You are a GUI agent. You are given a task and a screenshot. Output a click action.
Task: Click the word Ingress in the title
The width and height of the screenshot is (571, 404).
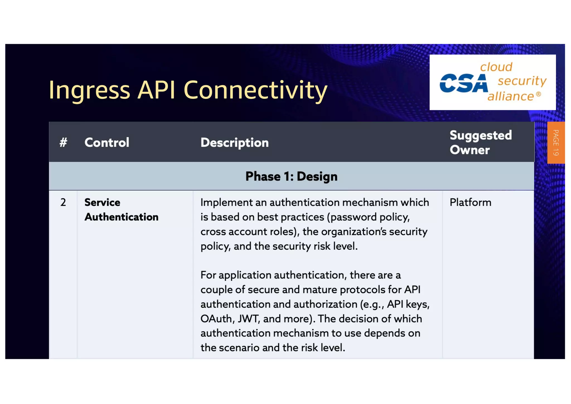click(x=89, y=90)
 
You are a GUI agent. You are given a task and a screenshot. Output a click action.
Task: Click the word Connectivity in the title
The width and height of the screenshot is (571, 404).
click(x=255, y=90)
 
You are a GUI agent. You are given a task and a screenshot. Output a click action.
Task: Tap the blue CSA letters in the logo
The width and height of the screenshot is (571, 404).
click(x=463, y=83)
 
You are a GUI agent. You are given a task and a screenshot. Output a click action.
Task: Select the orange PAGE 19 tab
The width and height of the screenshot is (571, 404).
click(x=556, y=143)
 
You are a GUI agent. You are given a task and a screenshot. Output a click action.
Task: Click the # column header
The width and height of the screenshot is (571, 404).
click(x=63, y=143)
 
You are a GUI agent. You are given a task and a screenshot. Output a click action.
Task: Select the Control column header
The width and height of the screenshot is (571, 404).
click(x=107, y=143)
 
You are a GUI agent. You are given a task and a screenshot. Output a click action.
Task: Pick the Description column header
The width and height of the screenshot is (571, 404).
click(x=234, y=143)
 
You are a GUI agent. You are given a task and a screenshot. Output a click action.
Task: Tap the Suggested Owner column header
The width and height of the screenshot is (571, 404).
click(x=480, y=143)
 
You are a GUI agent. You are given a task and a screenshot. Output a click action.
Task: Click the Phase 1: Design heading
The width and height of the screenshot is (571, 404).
click(x=291, y=176)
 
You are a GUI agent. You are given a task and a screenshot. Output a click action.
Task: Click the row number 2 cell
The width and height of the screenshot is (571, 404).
click(x=63, y=202)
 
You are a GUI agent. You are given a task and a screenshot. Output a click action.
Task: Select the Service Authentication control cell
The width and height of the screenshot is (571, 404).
click(x=121, y=210)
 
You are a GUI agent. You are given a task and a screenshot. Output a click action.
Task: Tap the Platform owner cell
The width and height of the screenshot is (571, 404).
click(x=470, y=202)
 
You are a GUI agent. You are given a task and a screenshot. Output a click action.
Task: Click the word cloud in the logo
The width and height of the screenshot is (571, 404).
click(x=496, y=67)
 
